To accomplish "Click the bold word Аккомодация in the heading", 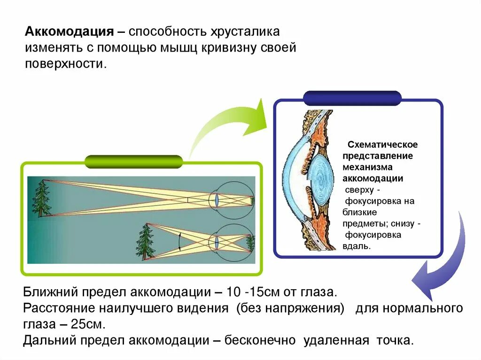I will pyautogui.click(x=69, y=32).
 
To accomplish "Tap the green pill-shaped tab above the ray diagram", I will pyautogui.click(x=133, y=161).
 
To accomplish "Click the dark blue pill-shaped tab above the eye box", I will pyautogui.click(x=352, y=98).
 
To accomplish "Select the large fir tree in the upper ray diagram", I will pyautogui.click(x=41, y=198).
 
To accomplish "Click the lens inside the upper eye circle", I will pyautogui.click(x=217, y=199).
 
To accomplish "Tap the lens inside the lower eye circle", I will pyautogui.click(x=217, y=243).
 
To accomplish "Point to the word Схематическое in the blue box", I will pyautogui.click(x=382, y=145).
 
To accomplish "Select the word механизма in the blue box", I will pyautogui.click(x=368, y=167).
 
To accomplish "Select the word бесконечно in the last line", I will pyautogui.click(x=260, y=340).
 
